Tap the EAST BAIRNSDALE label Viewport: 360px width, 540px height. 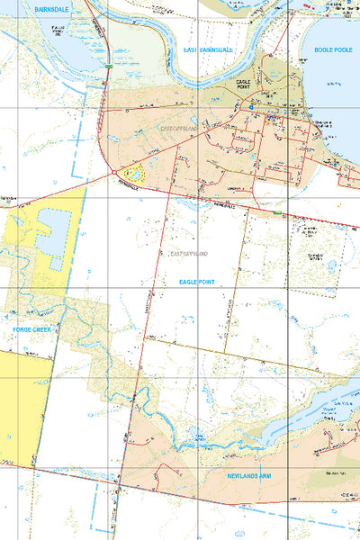208,49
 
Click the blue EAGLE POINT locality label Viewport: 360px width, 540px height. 197,282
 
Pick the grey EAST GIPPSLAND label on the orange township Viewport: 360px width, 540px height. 177,129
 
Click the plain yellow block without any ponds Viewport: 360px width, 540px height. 18,405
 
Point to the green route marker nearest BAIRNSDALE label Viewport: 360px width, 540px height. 107,66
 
